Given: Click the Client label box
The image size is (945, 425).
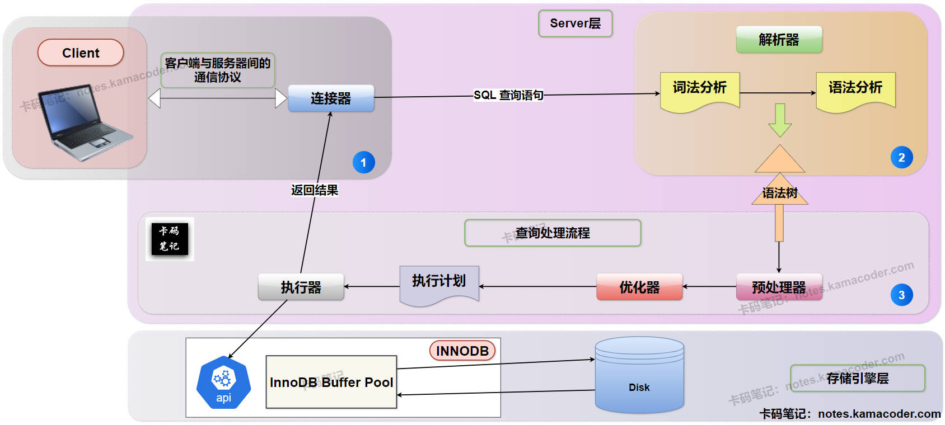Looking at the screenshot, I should click(x=81, y=53).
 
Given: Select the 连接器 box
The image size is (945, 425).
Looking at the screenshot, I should click(x=331, y=98).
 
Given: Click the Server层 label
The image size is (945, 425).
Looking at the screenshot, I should click(x=575, y=23).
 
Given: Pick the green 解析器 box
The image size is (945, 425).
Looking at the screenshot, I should click(x=779, y=40).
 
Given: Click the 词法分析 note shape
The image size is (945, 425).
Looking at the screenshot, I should click(x=700, y=89).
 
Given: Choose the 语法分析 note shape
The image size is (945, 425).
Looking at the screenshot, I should click(x=855, y=89).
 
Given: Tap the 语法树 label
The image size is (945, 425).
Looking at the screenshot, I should click(x=780, y=193).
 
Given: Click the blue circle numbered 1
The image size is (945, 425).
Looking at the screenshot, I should click(x=363, y=163).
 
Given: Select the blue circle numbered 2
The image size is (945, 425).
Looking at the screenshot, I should click(x=901, y=158).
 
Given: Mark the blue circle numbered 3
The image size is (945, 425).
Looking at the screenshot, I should click(x=901, y=295).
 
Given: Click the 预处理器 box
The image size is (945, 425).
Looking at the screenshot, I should click(x=779, y=287).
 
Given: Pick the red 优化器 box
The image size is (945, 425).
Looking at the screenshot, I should click(x=639, y=287).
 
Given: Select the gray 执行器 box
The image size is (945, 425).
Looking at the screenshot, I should click(x=301, y=287).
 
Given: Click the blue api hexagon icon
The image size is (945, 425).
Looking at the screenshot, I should click(x=223, y=382).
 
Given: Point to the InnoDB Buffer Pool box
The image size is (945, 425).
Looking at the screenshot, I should click(x=331, y=382).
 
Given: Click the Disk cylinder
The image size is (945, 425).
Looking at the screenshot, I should click(x=639, y=376).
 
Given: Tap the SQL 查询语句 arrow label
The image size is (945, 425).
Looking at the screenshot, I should click(x=508, y=95).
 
